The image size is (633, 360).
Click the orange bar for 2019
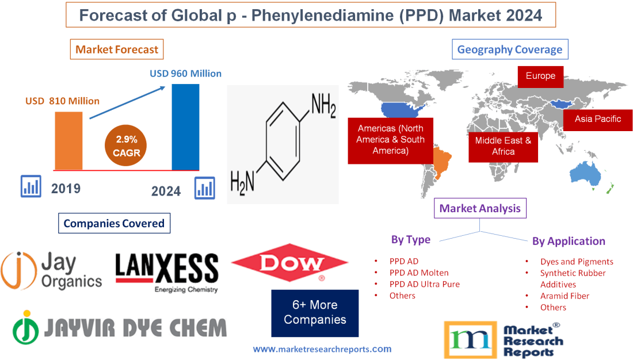point(68,140)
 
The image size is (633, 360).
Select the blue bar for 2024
point(186,127)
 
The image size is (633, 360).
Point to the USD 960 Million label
point(185,74)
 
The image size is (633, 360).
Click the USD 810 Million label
point(62,101)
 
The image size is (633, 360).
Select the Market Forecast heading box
point(117,49)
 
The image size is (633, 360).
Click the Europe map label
point(540,76)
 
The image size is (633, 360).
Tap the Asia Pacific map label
point(598,119)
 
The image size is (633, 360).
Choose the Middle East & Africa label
point(503,146)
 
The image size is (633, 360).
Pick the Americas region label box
point(390,139)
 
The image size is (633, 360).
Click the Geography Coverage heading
point(510,49)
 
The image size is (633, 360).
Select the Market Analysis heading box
point(480,208)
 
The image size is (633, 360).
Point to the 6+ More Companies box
point(315,312)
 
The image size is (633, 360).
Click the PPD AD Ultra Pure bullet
point(424,284)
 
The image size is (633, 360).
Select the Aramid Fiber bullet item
point(565,296)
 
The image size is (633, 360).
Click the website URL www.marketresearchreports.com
point(322,348)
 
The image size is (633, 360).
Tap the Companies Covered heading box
point(114,223)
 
